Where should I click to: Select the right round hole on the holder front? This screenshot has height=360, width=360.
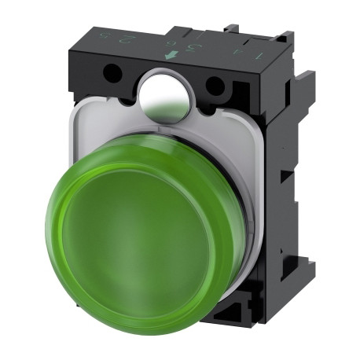click(x=213, y=86)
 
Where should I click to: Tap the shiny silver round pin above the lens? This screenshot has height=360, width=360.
click(x=163, y=94)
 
